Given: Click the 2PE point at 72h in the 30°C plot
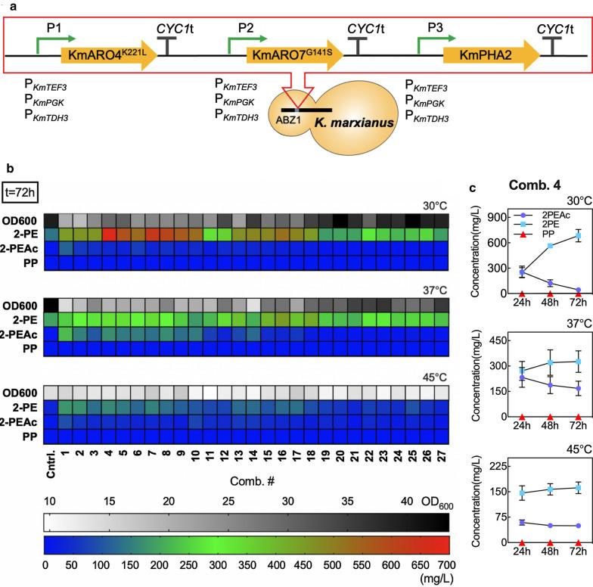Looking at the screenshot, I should [x=579, y=216].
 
